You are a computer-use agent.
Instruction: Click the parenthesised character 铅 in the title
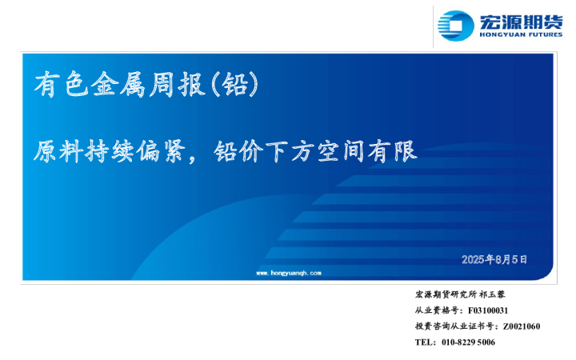(x=236, y=84)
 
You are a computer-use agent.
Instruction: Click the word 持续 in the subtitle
(x=114, y=152)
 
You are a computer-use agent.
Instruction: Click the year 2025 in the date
(x=474, y=259)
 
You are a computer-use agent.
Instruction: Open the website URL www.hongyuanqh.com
(x=289, y=273)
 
